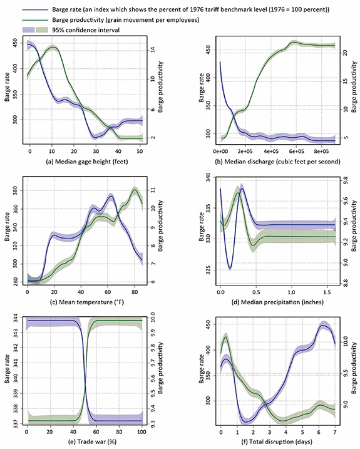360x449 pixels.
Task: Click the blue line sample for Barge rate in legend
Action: [x=31, y=8]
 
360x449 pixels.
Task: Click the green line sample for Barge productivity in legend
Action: [x=31, y=19]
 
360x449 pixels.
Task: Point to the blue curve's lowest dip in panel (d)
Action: [x=230, y=268]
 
